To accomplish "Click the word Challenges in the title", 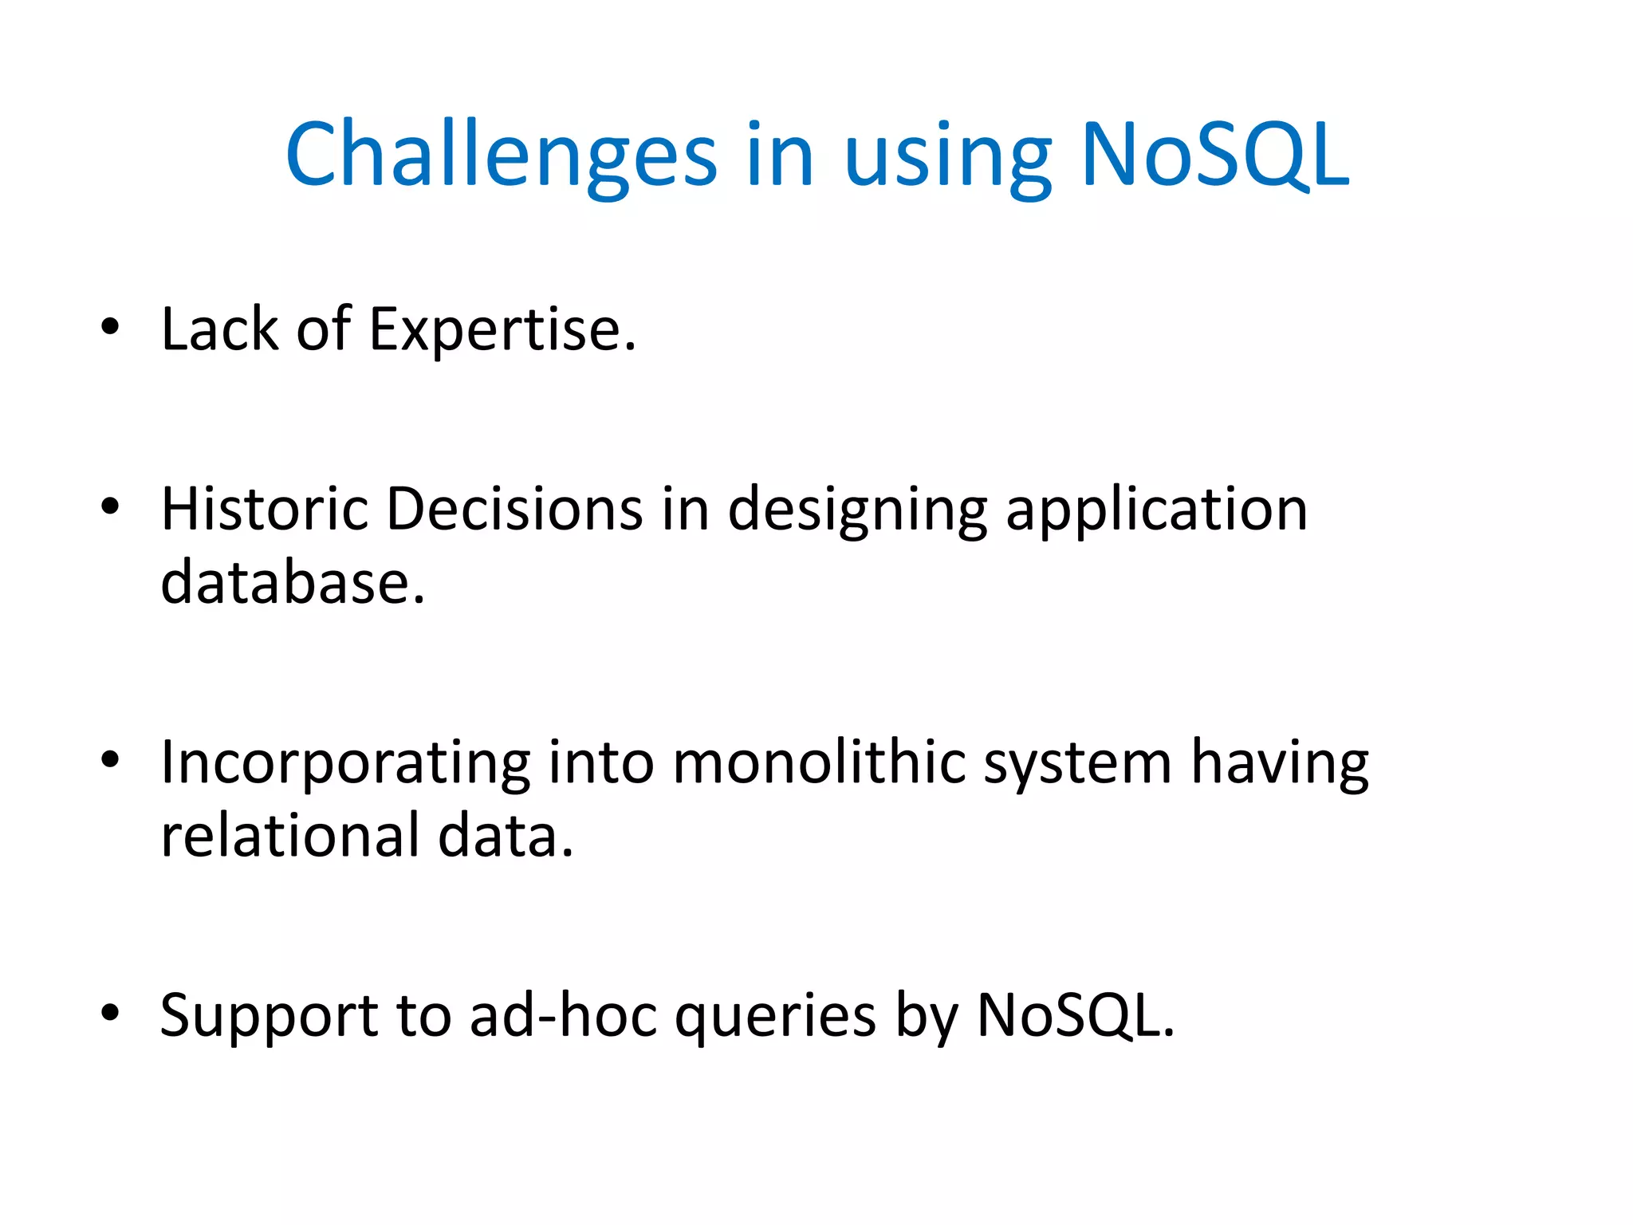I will click(x=501, y=155).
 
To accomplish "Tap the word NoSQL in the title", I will click(x=1214, y=155).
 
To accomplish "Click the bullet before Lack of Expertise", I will click(x=110, y=326).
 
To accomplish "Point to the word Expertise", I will click(x=502, y=329).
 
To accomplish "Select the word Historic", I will click(x=264, y=509).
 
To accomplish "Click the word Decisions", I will click(x=514, y=509).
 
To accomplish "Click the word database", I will click(x=292, y=583).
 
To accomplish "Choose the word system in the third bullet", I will click(x=1077, y=766).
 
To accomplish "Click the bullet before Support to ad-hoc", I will click(x=110, y=1012).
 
